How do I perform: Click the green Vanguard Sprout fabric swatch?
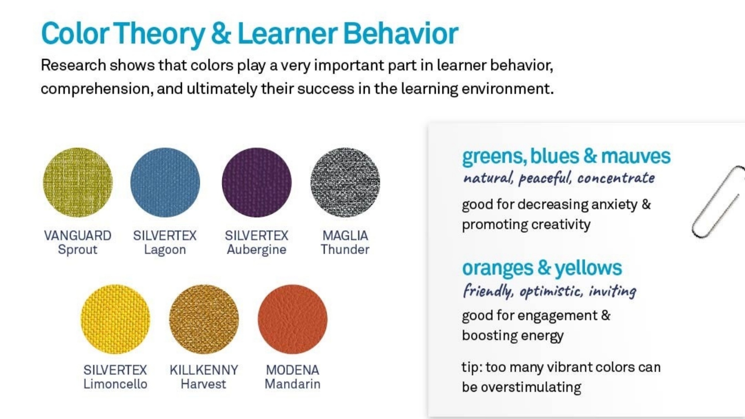point(78,182)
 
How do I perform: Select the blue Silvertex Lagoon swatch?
point(165,182)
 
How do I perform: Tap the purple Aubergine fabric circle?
point(256,182)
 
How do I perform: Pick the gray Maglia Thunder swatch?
point(345,182)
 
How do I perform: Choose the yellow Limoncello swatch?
point(115,319)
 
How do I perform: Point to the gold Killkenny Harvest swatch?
point(204,319)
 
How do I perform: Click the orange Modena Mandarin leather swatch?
point(293,319)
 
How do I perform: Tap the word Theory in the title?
point(159,34)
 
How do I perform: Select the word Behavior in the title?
point(401,33)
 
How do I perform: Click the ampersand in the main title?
point(221,33)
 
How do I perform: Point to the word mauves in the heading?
point(636,156)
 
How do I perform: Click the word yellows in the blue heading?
point(588,268)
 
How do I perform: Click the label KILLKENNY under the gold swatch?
point(204,370)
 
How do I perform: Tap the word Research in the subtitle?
point(73,65)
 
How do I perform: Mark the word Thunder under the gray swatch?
point(345,249)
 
